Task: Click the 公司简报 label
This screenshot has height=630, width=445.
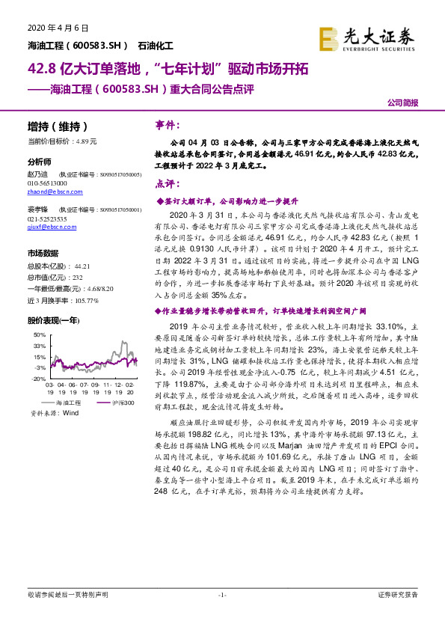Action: coord(402,103)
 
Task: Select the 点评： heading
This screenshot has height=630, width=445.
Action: coord(166,184)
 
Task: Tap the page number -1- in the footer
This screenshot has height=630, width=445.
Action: coord(221,615)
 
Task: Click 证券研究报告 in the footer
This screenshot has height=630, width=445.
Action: coord(398,615)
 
